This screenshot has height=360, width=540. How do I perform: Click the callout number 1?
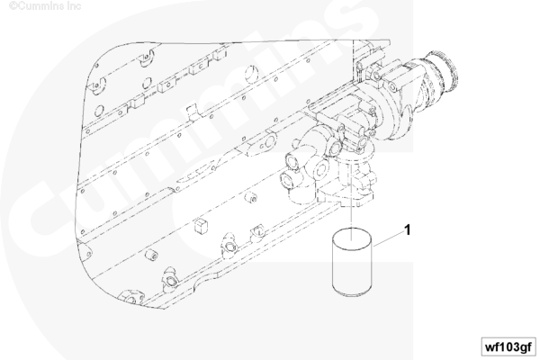tap(408, 229)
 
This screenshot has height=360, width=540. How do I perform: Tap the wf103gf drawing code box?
tap(508, 346)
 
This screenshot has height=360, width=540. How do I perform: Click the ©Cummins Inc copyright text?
tap(45, 6)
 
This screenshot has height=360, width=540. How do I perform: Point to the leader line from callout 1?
tap(389, 238)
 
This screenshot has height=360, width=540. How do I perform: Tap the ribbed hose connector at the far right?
tap(443, 71)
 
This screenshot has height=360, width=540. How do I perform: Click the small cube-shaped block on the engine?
tap(201, 226)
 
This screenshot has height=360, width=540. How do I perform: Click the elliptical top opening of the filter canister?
tap(352, 238)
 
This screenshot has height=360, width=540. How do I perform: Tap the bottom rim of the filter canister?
tap(352, 292)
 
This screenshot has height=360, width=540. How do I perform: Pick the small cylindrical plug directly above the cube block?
tap(251, 198)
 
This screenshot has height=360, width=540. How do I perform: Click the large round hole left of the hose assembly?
tap(252, 73)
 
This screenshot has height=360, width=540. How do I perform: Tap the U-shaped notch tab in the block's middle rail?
tap(193, 113)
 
